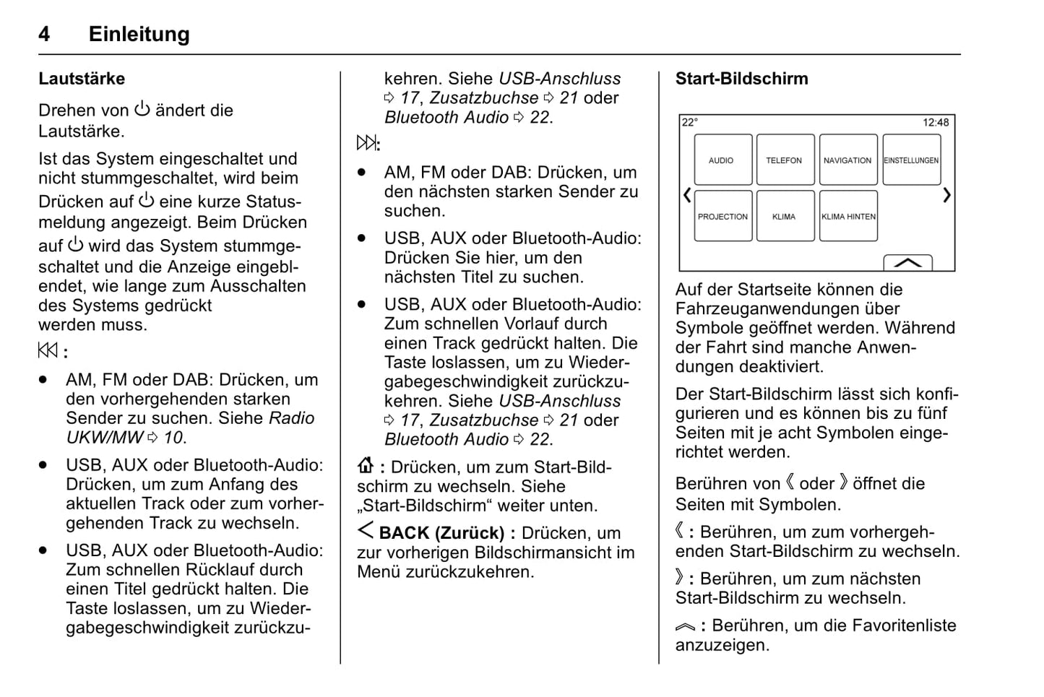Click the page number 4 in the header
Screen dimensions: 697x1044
[x=44, y=34]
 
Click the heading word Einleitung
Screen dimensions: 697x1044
[x=139, y=34]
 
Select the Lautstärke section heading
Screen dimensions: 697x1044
[x=82, y=79]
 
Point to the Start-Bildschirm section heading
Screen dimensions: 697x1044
[x=741, y=79]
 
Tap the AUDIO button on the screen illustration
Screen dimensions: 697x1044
[x=722, y=160]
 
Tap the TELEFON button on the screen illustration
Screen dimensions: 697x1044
[x=785, y=160]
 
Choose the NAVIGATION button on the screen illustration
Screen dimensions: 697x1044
[x=847, y=160]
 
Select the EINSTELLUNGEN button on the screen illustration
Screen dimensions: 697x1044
[x=911, y=160]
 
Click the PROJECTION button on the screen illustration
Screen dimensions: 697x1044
[x=722, y=216]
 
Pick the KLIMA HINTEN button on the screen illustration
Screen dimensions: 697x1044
[x=848, y=216]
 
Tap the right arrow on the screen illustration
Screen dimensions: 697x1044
[x=946, y=195]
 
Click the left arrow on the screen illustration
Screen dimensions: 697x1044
[x=687, y=195]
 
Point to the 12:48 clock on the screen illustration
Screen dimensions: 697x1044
[x=936, y=123]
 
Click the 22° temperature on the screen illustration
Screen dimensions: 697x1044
[x=690, y=123]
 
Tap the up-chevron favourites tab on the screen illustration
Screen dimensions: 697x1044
[x=907, y=263]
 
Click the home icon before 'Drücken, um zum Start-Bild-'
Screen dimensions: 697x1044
[x=366, y=466]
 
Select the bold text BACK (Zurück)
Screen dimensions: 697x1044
[x=441, y=533]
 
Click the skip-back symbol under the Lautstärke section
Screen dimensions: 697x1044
[x=48, y=351]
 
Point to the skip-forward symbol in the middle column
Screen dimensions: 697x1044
[x=367, y=143]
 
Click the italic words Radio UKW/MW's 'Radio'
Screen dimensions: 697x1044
[x=292, y=418]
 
